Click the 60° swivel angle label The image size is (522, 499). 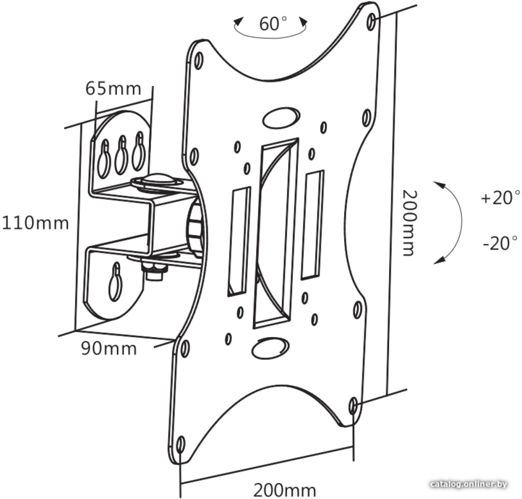pyautogui.click(x=273, y=24)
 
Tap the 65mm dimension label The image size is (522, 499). pyautogui.click(x=113, y=89)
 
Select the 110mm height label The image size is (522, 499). pyautogui.click(x=36, y=223)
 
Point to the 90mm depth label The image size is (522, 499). pyautogui.click(x=109, y=349)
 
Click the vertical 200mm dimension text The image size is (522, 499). pyautogui.click(x=409, y=223)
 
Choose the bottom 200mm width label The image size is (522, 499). pyautogui.click(x=285, y=490)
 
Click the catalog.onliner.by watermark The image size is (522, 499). pyautogui.click(x=469, y=484)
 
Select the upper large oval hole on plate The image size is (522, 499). pyautogui.click(x=281, y=117)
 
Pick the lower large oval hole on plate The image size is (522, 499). pyautogui.click(x=270, y=348)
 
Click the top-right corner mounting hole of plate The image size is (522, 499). pyautogui.click(x=372, y=22)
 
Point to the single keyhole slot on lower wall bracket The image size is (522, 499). pyautogui.click(x=115, y=282)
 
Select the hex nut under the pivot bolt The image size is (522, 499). pyautogui.click(x=154, y=270)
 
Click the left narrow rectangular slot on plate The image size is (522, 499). pyautogui.click(x=239, y=241)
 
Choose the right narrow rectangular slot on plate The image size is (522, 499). pyautogui.click(x=313, y=225)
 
